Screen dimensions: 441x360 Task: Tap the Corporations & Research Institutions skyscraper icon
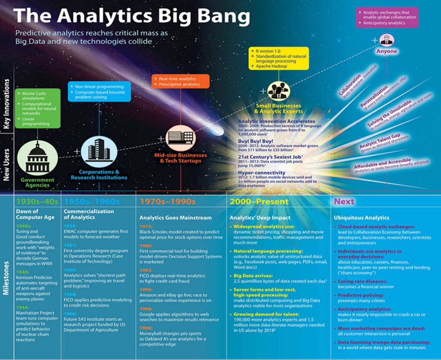[x=98, y=151]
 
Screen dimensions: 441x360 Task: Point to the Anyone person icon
[x=386, y=40]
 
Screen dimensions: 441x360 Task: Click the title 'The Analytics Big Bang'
[x=131, y=16]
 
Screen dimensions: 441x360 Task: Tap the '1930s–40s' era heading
[x=37, y=202]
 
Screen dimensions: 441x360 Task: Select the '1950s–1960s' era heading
[x=92, y=202]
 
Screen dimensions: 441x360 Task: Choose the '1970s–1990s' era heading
[x=167, y=202]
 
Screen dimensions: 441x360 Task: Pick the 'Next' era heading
[x=344, y=202]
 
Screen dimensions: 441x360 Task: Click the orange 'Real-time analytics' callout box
[x=180, y=81]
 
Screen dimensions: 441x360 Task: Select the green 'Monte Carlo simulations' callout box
[x=37, y=108]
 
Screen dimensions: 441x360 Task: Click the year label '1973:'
[x=146, y=227]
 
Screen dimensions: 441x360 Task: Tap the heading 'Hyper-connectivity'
[x=261, y=173]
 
